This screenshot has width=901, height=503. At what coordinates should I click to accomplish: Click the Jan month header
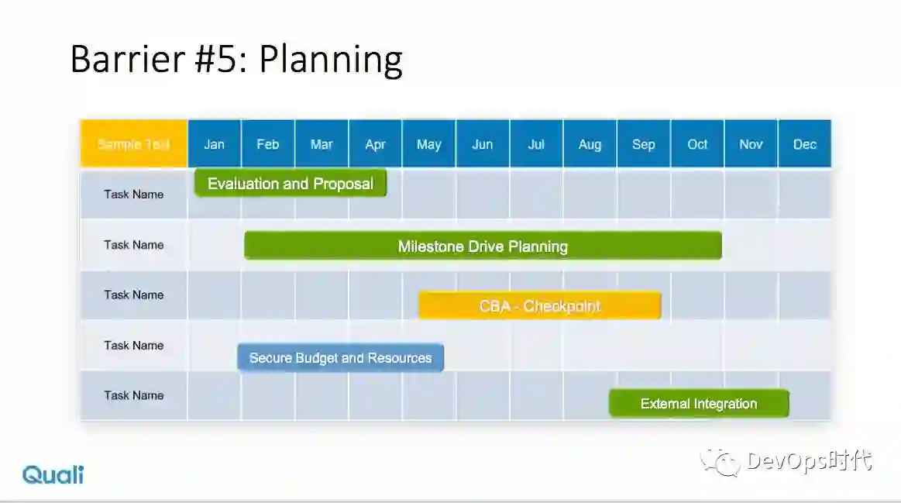[214, 144]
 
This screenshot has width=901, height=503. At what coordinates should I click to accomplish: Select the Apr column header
[375, 144]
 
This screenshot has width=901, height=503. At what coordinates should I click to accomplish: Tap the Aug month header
[590, 144]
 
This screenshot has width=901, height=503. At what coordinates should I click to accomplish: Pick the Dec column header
[804, 144]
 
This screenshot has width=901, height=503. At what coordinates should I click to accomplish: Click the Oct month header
[697, 144]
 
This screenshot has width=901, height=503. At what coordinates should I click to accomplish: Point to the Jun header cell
[482, 144]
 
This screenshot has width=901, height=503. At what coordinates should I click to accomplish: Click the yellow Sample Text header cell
[133, 144]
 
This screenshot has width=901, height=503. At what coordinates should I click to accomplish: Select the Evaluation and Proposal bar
[290, 184]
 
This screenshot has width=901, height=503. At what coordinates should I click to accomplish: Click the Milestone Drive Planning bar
[483, 246]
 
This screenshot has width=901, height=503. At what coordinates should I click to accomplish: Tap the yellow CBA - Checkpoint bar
[540, 305]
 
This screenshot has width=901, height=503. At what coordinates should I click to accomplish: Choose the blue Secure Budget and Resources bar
[340, 358]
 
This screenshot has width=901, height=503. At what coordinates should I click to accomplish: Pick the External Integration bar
[698, 403]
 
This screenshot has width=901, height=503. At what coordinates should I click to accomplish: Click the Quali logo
[53, 474]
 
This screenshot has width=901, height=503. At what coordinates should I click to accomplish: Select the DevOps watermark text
[810, 461]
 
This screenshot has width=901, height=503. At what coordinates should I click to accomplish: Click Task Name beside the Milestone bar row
[134, 245]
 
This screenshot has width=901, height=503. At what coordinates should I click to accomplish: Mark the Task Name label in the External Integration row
[134, 395]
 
